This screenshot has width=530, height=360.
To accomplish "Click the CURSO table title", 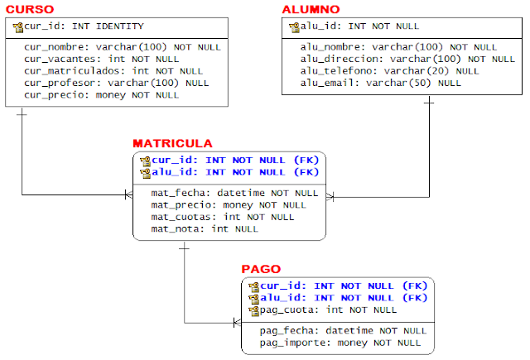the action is point(30,9).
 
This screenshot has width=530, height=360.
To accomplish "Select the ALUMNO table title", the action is point(311,9).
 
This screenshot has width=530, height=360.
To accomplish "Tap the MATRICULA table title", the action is point(172,143).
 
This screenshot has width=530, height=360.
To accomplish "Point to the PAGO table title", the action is point(261,269).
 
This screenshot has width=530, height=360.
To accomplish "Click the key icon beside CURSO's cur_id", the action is point(18,27).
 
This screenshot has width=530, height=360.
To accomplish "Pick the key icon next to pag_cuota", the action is point(254,310).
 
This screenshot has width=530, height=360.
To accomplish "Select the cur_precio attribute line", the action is point(101,95).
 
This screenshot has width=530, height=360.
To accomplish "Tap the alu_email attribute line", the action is point(381,83).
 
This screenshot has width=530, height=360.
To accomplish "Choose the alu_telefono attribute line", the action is point(390,71).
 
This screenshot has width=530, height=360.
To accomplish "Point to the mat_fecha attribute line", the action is point(234,193).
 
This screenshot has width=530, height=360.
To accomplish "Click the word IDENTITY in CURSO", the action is point(120,26).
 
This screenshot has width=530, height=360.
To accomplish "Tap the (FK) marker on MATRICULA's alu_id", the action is point(306,172).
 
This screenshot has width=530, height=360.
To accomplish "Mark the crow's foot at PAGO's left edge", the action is point(238,323).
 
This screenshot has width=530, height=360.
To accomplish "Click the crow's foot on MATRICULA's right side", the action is point(330,197).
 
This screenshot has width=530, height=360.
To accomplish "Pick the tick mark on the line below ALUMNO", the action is point(429,103).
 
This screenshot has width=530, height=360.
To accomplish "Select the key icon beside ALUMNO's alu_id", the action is point(295,27).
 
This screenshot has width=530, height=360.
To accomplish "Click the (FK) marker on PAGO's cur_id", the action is point(415,286).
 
